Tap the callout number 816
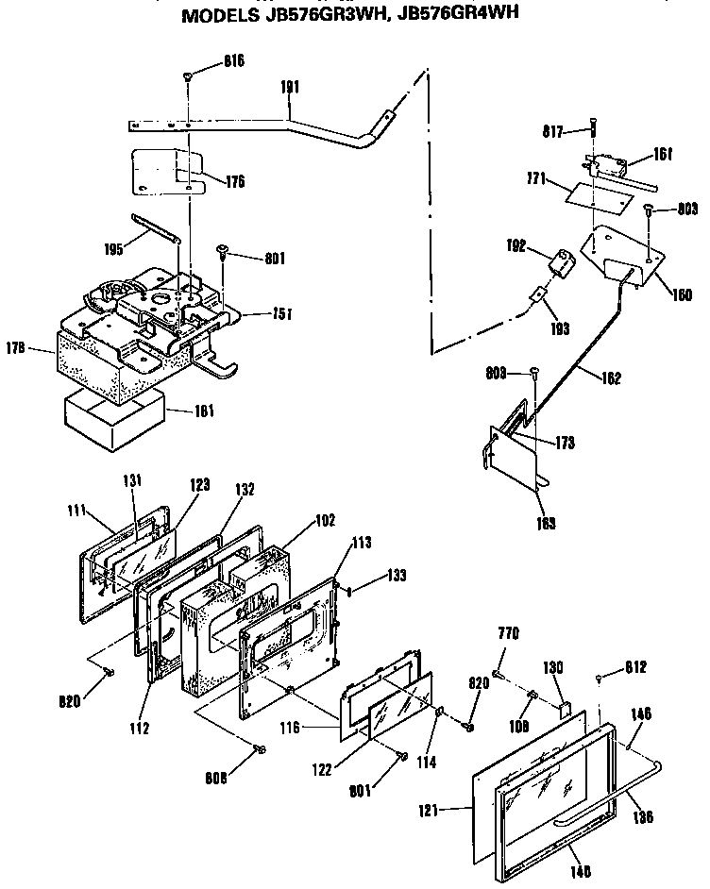234,60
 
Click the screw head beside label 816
189,75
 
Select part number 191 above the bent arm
291,86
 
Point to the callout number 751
281,314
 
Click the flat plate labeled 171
597,197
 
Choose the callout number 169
546,522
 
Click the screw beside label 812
600,677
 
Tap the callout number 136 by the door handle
643,817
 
